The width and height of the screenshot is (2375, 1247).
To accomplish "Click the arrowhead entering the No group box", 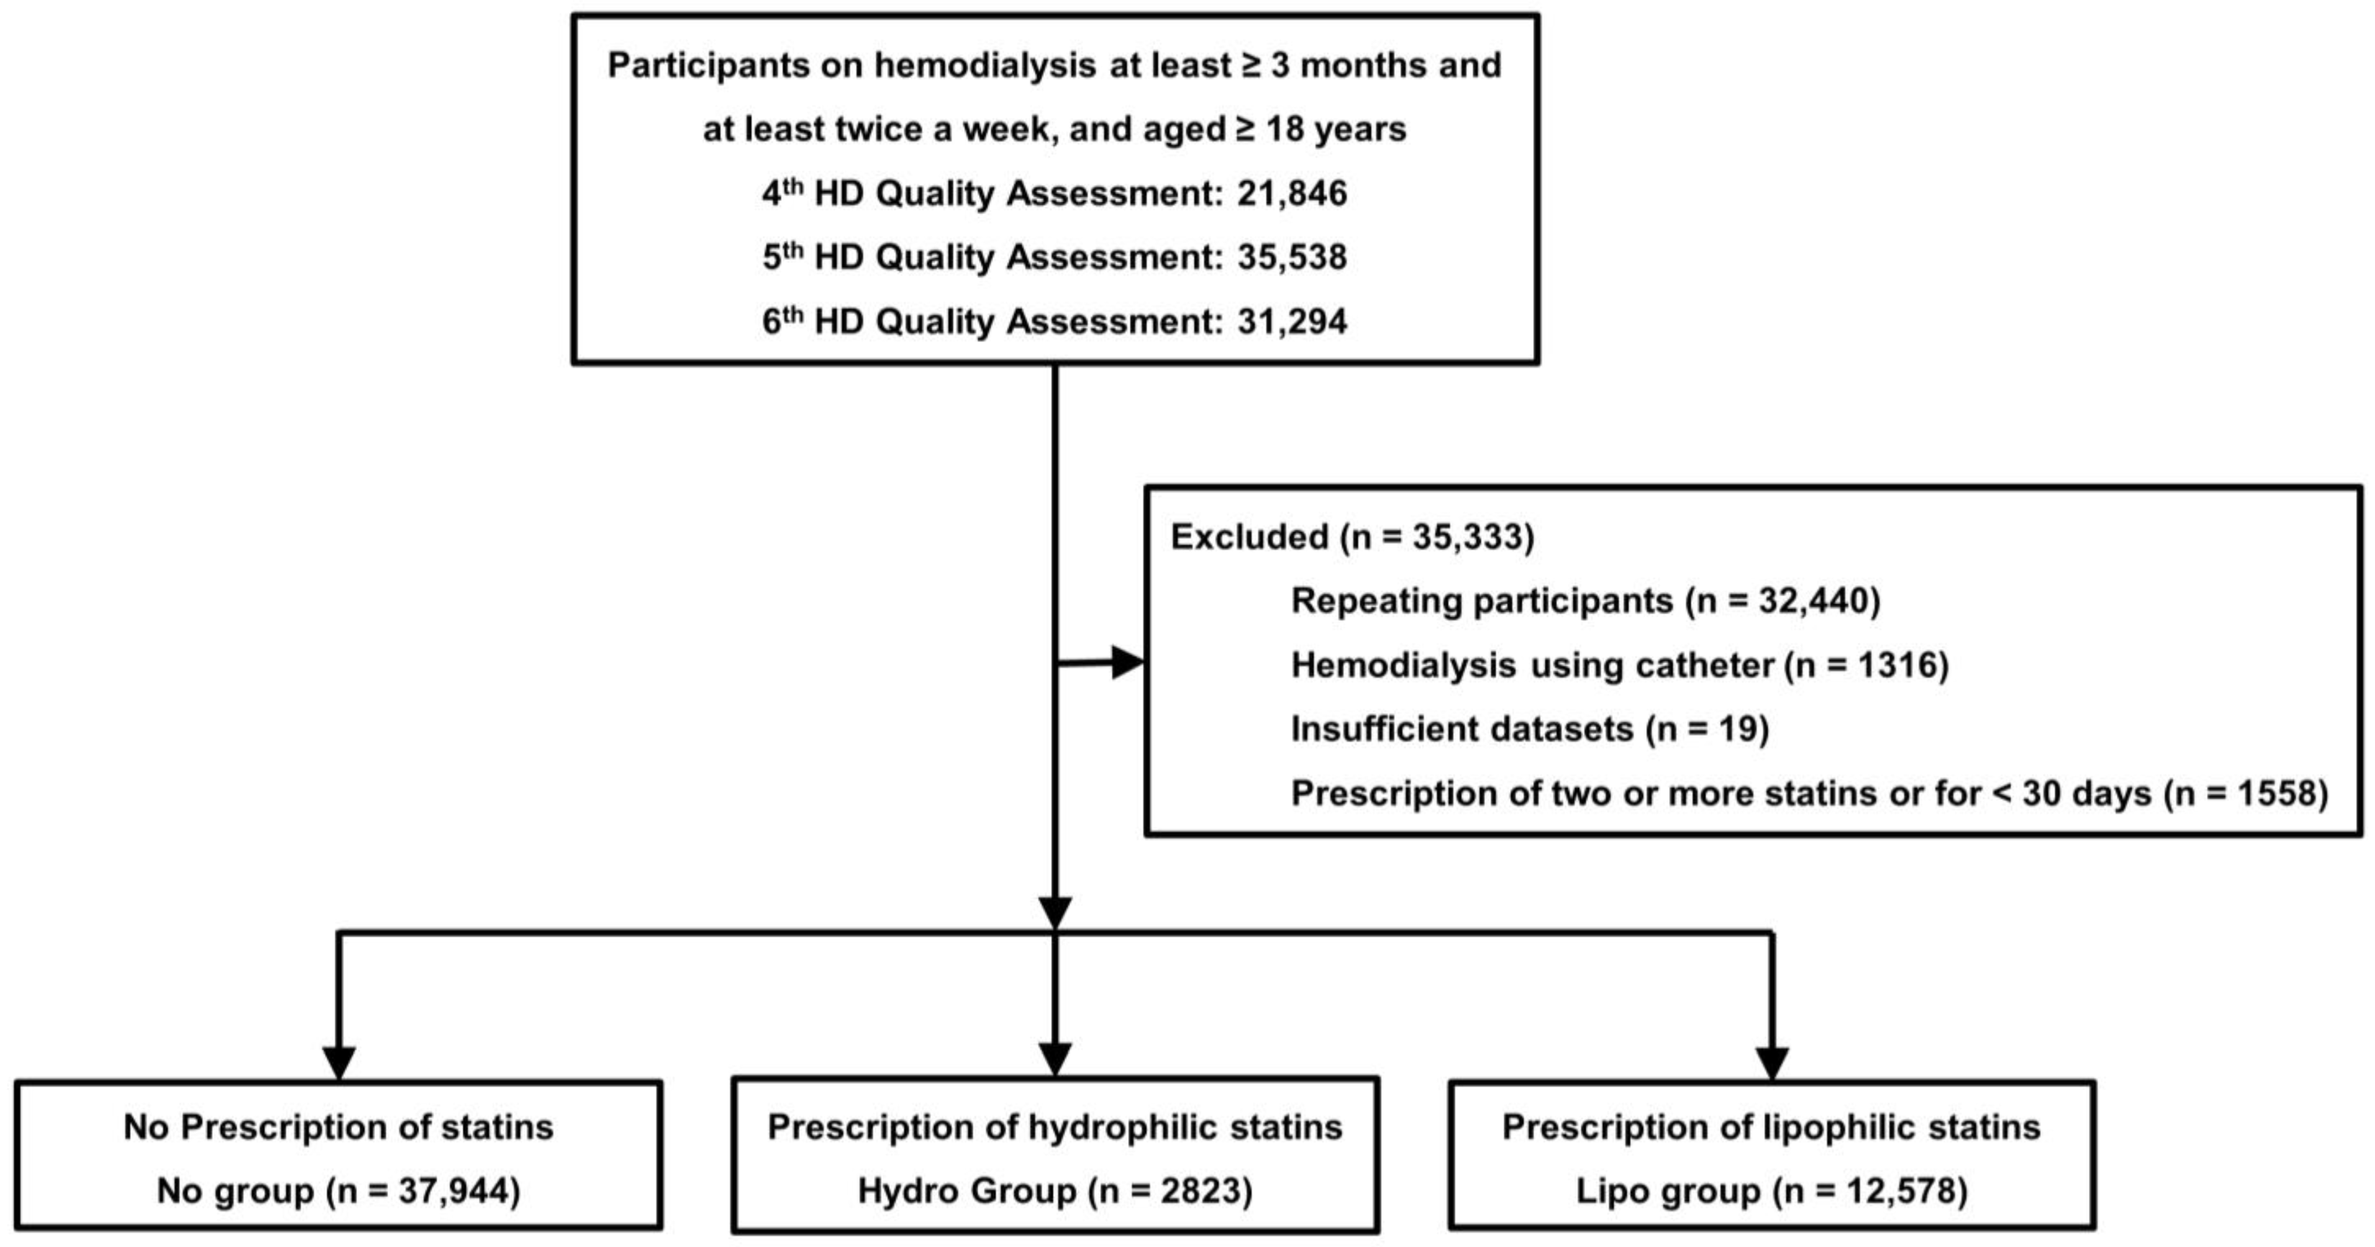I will coord(339,1062).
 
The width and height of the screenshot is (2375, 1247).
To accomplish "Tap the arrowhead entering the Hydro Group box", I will coord(1055,1059).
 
